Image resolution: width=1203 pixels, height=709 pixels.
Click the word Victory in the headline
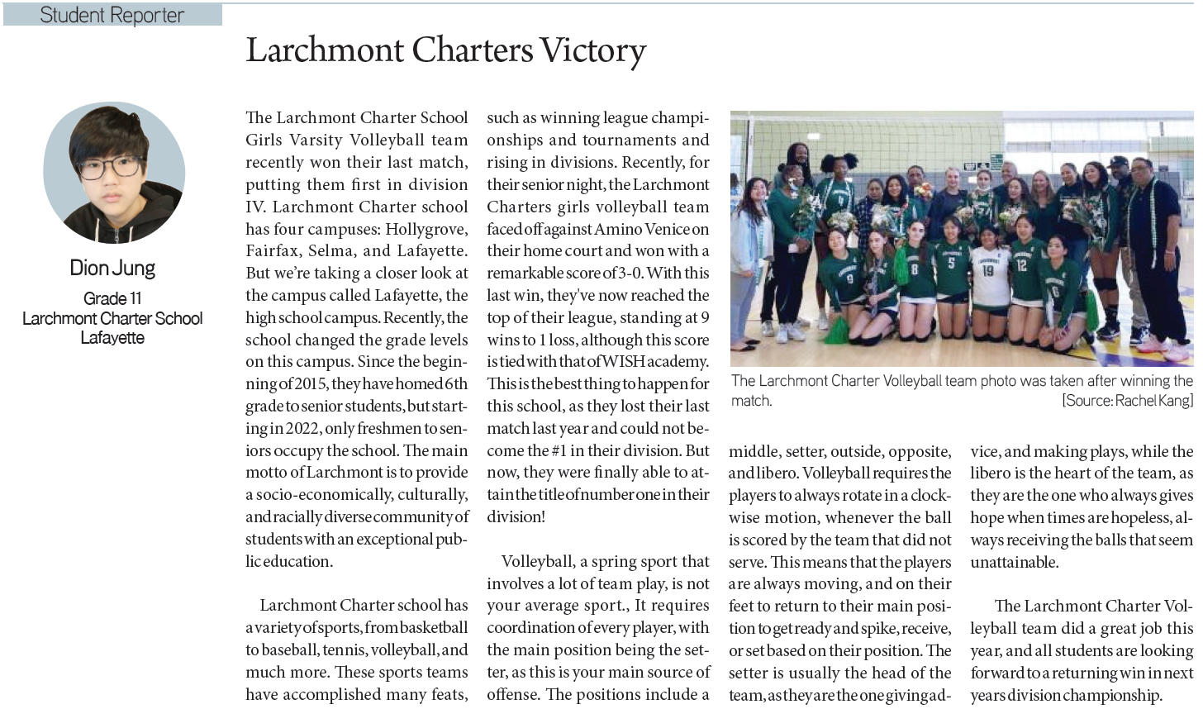[x=592, y=50]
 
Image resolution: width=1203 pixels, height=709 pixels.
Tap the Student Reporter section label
[x=112, y=15]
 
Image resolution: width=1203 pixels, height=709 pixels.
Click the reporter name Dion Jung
[x=112, y=268]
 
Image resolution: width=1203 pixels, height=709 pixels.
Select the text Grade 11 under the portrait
[x=112, y=298]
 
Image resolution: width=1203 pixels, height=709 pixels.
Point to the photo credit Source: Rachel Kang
[x=1128, y=401]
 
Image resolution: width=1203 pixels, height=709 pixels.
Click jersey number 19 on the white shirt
[x=988, y=270]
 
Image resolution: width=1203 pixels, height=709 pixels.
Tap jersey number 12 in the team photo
[x=1022, y=266]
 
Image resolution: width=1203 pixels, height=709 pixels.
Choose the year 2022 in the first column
[x=303, y=429]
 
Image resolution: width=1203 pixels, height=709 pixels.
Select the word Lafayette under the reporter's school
[x=112, y=338]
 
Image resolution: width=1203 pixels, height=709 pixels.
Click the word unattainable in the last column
[x=1014, y=563]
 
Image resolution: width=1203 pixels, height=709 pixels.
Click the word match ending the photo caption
[x=751, y=401]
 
